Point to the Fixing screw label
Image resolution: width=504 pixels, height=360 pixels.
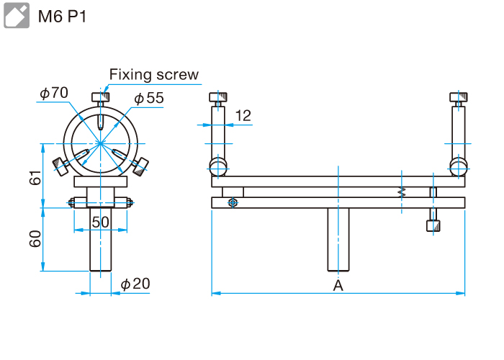point(153,75)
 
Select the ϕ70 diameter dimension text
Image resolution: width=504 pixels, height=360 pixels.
point(54,92)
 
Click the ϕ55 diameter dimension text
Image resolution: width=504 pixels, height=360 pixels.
point(149,98)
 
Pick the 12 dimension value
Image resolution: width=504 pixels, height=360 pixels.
point(243,115)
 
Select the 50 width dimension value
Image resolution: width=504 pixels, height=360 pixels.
point(100,222)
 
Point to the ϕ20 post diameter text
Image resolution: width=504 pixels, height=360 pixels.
point(135,284)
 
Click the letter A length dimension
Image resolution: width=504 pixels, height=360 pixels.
point(338,286)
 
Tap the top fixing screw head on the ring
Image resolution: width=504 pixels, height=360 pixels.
point(100,96)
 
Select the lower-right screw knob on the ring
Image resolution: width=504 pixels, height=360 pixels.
point(142,168)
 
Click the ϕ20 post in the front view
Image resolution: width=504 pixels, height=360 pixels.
point(100,241)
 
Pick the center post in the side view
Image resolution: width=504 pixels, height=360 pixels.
point(338,240)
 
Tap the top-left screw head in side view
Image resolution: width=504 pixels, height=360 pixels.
point(217,98)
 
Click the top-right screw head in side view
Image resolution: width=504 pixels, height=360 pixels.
point(459,98)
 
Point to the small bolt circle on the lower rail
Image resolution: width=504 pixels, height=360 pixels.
point(231,203)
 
